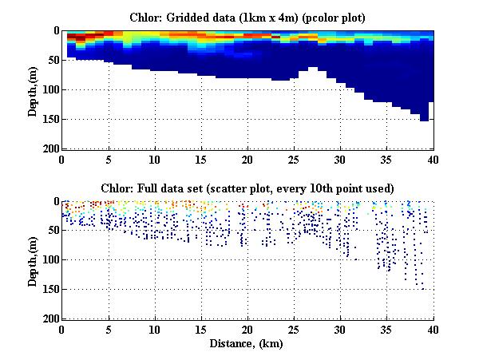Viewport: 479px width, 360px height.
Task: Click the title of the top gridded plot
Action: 247,17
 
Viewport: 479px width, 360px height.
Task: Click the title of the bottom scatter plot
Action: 247,188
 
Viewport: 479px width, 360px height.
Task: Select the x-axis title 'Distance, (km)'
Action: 247,344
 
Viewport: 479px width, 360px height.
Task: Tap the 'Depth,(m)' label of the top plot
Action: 33,89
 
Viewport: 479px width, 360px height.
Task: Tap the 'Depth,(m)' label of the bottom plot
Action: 33,260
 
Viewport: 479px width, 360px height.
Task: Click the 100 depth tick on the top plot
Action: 49,89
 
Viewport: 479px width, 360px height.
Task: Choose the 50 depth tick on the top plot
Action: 52,60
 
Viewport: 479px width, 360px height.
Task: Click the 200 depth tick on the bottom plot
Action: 49,318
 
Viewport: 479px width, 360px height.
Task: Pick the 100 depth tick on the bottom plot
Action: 49,260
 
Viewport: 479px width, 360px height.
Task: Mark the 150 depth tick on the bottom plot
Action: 49,290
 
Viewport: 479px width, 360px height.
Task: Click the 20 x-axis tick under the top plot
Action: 247,159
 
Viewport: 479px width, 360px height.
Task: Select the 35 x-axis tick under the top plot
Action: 387,159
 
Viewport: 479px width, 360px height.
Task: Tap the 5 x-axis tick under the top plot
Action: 109,159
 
